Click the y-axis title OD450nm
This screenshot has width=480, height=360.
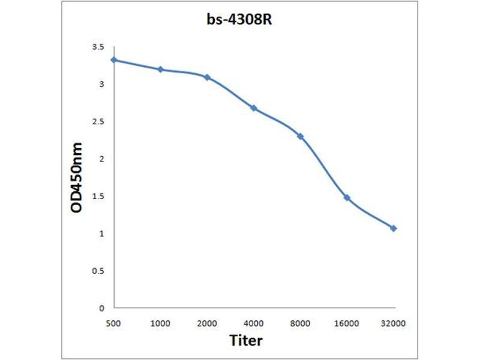click(77, 177)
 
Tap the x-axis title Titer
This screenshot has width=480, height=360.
click(246, 341)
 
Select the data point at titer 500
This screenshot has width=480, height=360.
click(114, 60)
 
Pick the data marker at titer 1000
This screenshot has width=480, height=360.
click(161, 70)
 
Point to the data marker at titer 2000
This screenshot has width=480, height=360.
click(207, 77)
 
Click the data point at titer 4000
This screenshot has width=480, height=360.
click(254, 108)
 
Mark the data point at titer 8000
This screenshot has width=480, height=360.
click(301, 137)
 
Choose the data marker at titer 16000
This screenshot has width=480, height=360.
click(347, 197)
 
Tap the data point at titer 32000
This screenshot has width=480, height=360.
click(394, 229)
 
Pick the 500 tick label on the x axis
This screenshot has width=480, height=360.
click(114, 323)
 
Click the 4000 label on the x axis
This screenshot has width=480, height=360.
click(254, 323)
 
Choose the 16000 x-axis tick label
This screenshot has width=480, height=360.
click(347, 323)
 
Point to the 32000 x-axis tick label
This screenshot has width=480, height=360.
click(394, 323)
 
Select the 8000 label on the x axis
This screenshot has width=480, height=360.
click(301, 323)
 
